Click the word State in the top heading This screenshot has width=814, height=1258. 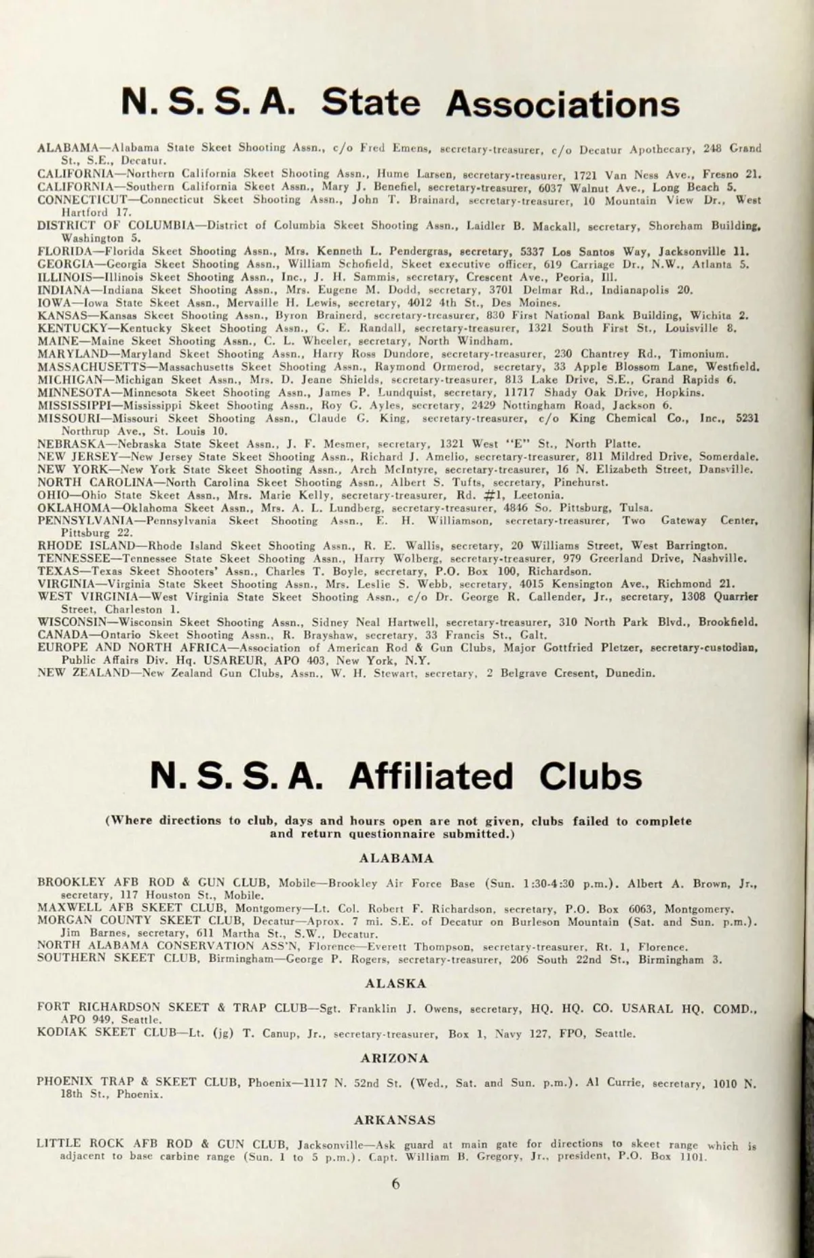pyautogui.click(x=371, y=103)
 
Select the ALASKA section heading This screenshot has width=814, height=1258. pyautogui.click(x=396, y=983)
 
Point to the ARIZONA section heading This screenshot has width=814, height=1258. pyautogui.click(x=395, y=1058)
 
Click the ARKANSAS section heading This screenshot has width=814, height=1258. pyautogui.click(x=395, y=1120)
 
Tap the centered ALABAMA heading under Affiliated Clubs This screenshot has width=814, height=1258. pyautogui.click(x=396, y=858)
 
